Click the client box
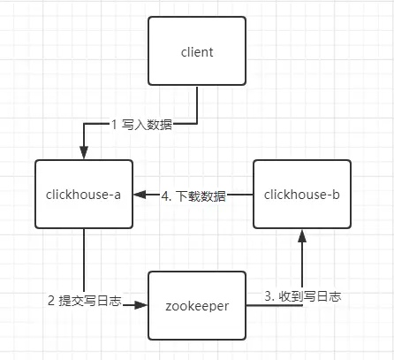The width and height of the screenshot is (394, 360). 197,51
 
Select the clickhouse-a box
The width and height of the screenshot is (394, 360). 84,195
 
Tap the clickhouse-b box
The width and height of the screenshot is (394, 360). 302,195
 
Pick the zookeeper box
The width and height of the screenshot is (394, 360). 197,305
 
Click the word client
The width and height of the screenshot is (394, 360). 197,52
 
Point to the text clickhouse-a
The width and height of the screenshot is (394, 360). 83,195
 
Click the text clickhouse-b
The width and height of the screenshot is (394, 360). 302,195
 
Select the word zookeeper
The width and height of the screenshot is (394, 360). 197,306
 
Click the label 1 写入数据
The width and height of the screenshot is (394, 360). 141,125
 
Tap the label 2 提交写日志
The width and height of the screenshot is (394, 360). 85,301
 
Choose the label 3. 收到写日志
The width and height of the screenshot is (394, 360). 303,296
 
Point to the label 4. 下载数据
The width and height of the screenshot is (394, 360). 193,196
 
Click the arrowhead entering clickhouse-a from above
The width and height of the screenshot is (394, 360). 84,153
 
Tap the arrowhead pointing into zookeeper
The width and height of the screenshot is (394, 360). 140,305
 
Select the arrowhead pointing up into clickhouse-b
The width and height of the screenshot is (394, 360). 302,236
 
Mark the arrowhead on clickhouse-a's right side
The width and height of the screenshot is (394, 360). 140,195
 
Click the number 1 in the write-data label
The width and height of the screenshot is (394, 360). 114,125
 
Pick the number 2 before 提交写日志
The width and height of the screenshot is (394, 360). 51,301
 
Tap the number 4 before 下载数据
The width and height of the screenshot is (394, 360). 164,196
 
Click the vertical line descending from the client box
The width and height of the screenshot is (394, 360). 197,104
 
